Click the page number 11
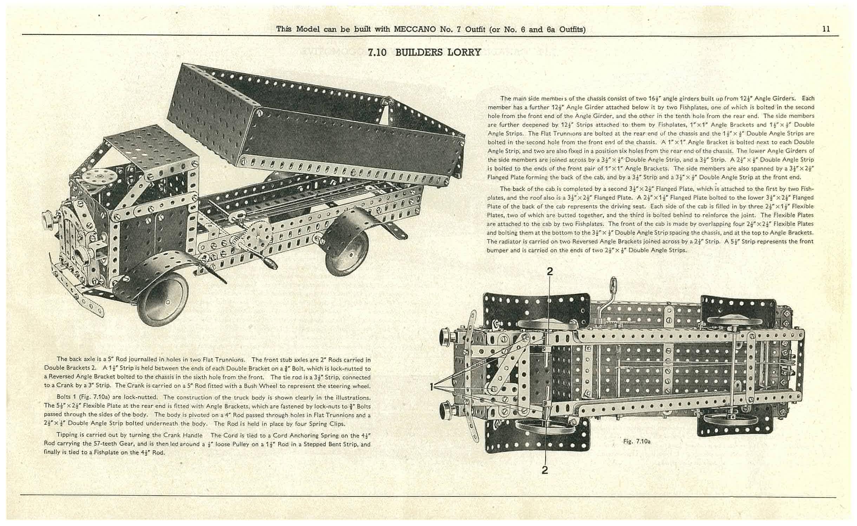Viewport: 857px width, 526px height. (826, 29)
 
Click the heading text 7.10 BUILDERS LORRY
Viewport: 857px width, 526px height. (424, 52)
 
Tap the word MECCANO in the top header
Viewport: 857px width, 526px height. (416, 29)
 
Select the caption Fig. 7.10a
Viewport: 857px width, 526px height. (636, 441)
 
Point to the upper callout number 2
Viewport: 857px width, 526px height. (550, 271)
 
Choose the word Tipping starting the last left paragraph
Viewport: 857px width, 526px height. (67, 435)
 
